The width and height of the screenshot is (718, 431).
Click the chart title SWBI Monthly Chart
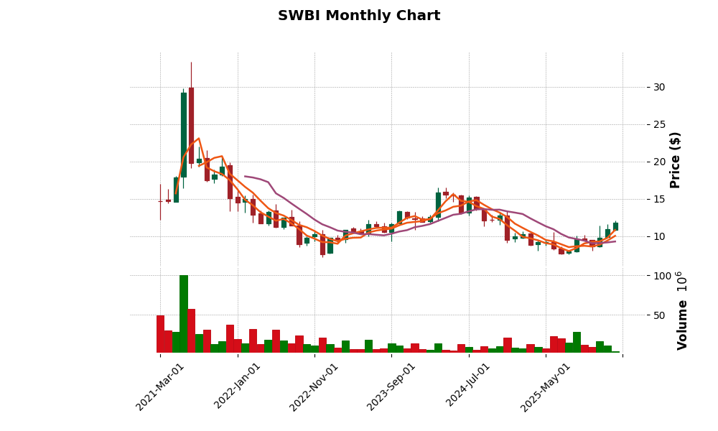pyautogui.click(x=359, y=16)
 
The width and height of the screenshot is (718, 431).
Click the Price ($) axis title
pyautogui.click(x=675, y=159)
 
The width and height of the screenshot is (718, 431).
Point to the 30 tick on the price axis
pyautogui.click(x=658, y=87)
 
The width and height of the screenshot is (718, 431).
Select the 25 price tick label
pyautogui.click(x=658, y=124)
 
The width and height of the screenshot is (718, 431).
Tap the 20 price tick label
pyautogui.click(x=658, y=162)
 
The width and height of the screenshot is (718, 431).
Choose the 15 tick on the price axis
pyautogui.click(x=658, y=199)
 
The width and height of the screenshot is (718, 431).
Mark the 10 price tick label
pyautogui.click(x=658, y=236)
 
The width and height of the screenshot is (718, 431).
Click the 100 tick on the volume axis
pyautogui.click(x=661, y=276)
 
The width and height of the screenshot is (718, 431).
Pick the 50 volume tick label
pyautogui.click(x=658, y=315)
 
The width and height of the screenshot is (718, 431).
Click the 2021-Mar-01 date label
pyautogui.click(x=161, y=386)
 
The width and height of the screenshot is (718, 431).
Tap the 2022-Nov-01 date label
pyautogui.click(x=314, y=386)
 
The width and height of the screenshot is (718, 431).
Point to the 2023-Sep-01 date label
pyautogui.click(x=392, y=386)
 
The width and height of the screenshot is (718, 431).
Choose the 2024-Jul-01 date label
pyautogui.click(x=469, y=386)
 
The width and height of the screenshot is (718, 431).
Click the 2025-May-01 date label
pyautogui.click(x=546, y=386)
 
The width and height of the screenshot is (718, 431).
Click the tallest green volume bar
pyautogui.click(x=184, y=314)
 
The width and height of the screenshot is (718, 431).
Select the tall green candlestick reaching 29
pyautogui.click(x=184, y=135)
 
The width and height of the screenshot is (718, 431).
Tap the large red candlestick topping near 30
pyautogui.click(x=191, y=125)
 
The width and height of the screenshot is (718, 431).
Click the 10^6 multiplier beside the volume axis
pyautogui.click(x=681, y=281)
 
